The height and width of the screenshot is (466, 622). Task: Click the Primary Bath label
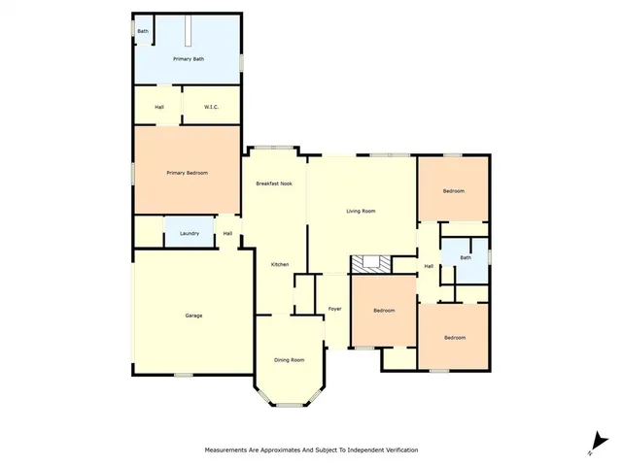coord(189,59)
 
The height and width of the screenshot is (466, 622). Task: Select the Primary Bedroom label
coord(187,173)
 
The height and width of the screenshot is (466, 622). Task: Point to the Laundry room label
coord(190,233)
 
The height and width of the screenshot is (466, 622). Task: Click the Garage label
coord(193,316)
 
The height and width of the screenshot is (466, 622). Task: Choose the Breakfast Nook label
coord(274,183)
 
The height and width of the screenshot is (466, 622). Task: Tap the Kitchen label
coord(280,264)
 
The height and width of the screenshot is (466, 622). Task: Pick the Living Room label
coord(361,211)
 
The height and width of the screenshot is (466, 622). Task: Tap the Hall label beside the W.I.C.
coord(159,107)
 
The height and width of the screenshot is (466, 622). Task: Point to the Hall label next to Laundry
coord(227,233)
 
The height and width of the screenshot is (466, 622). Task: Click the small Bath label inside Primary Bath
coord(143,31)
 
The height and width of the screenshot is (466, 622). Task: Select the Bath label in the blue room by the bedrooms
coord(466,257)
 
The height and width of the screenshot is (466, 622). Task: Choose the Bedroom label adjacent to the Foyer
coord(385,311)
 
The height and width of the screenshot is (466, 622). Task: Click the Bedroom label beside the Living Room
coord(454,191)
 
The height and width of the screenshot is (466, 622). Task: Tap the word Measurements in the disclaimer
coord(229,450)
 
